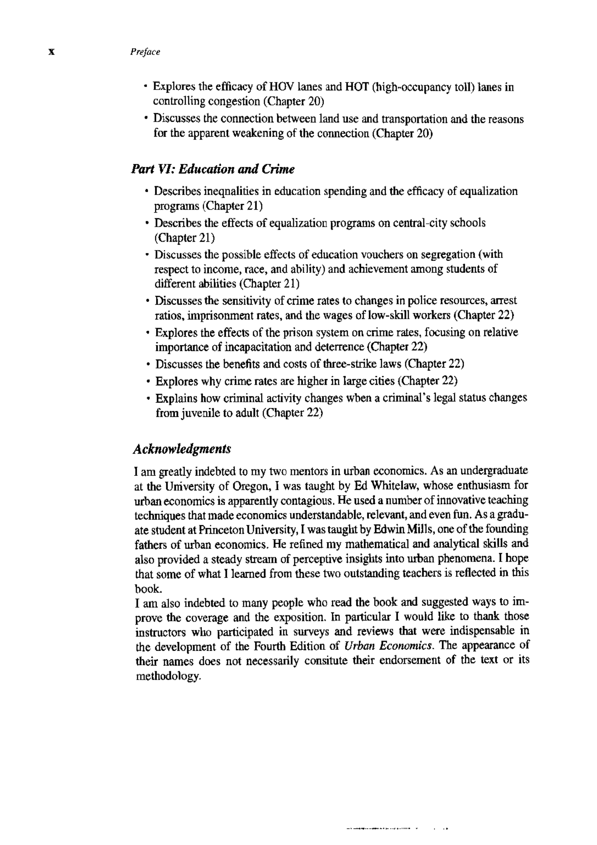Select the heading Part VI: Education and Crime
click(212, 169)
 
